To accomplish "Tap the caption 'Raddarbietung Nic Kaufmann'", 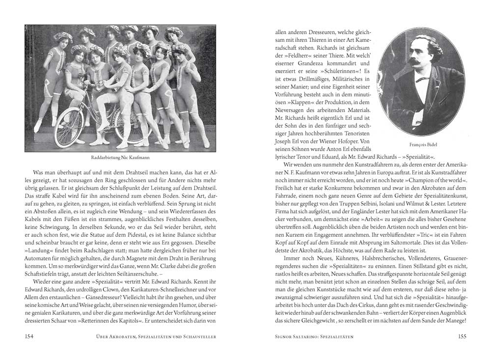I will click(120, 158).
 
